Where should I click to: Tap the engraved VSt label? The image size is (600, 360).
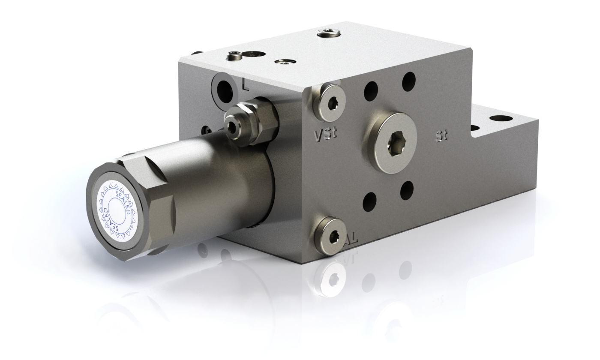point(325,135)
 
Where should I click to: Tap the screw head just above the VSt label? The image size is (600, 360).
point(330,101)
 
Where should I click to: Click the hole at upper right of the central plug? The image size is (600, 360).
point(408,81)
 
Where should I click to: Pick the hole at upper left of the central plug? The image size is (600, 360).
point(370,91)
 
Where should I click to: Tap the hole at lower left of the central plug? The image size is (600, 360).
point(370,200)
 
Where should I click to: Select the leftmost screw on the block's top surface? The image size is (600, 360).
point(233,55)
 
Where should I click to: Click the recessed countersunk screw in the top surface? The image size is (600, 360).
point(284,63)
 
